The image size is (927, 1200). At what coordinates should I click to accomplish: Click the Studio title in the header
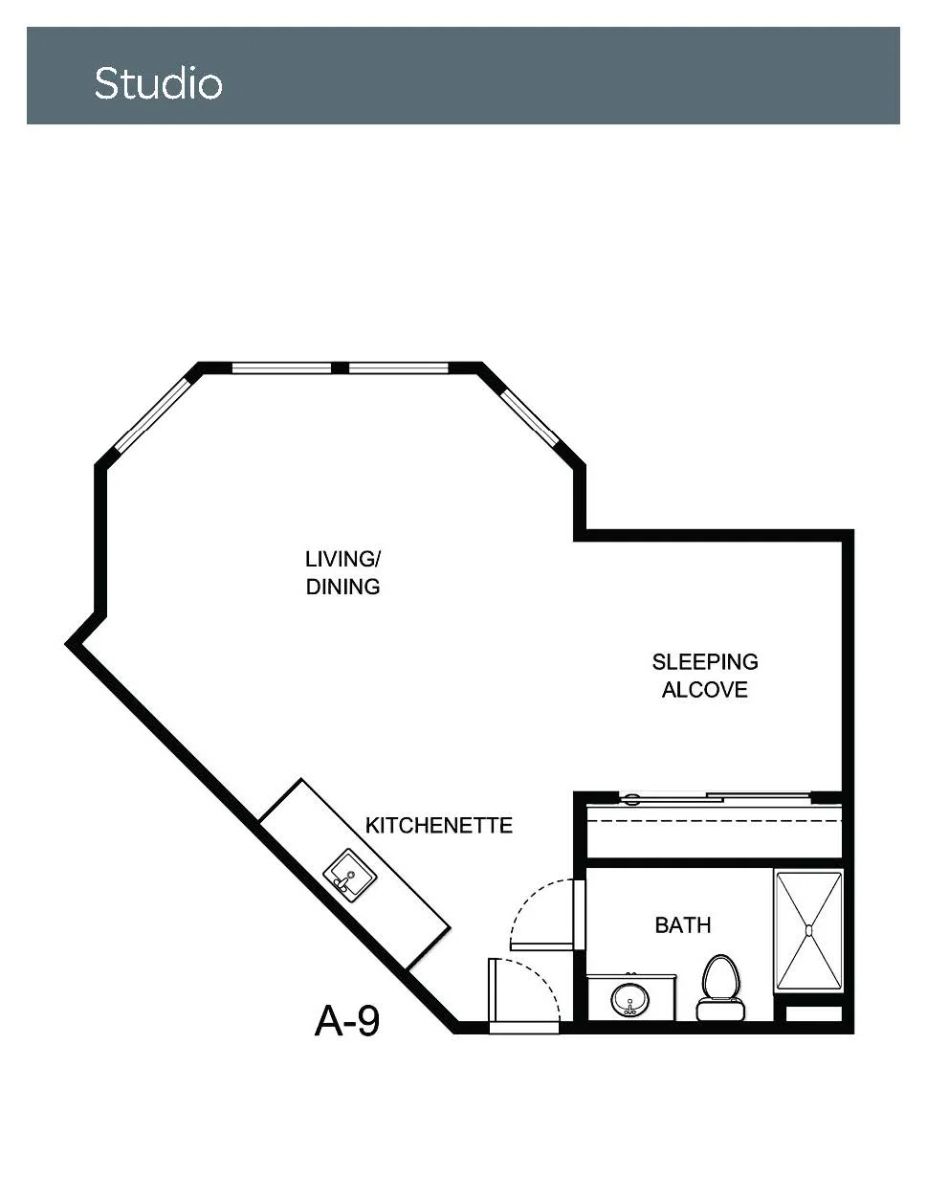[x=158, y=83]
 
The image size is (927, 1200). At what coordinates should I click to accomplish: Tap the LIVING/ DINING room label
[x=342, y=572]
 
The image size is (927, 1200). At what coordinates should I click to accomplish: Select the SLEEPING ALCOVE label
[x=705, y=676]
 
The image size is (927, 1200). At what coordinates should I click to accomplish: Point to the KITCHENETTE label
[x=439, y=825]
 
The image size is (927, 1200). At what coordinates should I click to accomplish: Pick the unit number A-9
[x=347, y=1021]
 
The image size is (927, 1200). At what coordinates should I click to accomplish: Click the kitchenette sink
[x=349, y=872]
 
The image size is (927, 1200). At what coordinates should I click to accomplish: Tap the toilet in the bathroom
[x=720, y=988]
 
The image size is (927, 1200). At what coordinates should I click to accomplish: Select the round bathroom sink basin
[x=630, y=1000]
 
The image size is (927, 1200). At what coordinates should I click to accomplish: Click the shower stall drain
[x=808, y=931]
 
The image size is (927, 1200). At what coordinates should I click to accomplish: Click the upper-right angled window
[x=530, y=416]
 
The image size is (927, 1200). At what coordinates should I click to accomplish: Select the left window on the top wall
[x=281, y=367]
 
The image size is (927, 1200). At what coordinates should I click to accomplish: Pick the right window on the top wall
[x=399, y=367]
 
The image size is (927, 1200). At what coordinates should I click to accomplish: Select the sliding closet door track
[x=715, y=797]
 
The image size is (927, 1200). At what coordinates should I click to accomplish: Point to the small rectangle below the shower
[x=813, y=1014]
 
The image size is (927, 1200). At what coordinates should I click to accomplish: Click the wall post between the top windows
[x=341, y=367]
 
